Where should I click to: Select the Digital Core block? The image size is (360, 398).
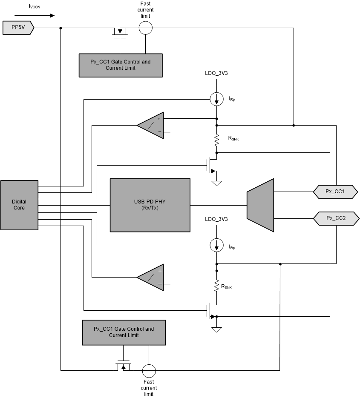click(19, 205)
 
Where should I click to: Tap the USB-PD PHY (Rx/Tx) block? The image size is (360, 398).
click(150, 205)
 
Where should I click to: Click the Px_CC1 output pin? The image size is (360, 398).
click(335, 192)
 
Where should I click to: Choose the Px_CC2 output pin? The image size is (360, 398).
click(335, 218)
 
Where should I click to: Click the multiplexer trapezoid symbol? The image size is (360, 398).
click(260, 205)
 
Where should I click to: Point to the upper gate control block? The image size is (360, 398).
click(121, 65)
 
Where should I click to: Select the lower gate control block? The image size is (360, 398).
click(124, 332)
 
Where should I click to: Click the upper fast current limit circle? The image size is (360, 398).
click(146, 28)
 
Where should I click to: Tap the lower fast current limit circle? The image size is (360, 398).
click(149, 370)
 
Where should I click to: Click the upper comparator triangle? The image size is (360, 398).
click(150, 126)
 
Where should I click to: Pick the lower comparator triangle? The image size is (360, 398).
click(150, 278)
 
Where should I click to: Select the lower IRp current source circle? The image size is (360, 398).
click(217, 245)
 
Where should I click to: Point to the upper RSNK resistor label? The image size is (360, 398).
click(233, 138)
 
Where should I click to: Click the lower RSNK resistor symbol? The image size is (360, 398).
click(217, 286)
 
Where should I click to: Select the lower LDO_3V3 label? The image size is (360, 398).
click(217, 219)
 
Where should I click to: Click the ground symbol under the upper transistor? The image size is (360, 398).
click(217, 183)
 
